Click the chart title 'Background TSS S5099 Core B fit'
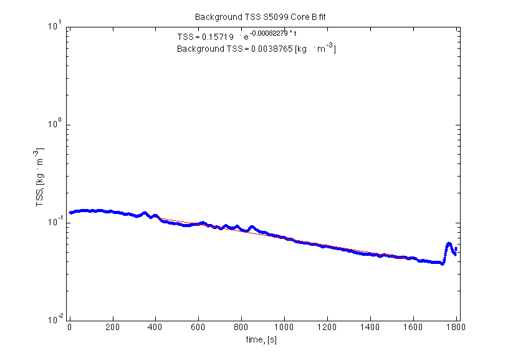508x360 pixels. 260,17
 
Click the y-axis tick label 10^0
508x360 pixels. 55,124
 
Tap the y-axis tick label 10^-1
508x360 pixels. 54,221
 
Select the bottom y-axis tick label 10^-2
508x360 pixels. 54,319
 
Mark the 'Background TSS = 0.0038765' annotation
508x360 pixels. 256,48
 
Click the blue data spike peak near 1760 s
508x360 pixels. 449,243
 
